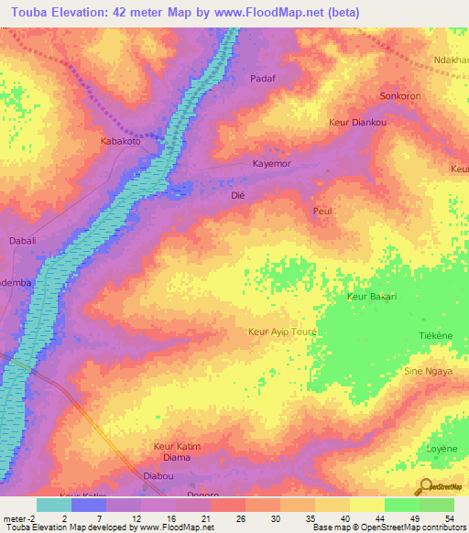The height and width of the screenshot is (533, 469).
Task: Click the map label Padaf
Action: point(263,79)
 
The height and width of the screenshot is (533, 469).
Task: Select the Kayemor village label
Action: point(273,164)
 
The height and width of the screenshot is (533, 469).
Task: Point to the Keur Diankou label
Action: point(358,122)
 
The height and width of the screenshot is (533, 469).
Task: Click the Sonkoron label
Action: point(400,95)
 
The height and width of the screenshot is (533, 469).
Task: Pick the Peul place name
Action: point(322,212)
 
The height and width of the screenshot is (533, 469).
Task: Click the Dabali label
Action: point(22,241)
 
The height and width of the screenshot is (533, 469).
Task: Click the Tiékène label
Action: point(435,336)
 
